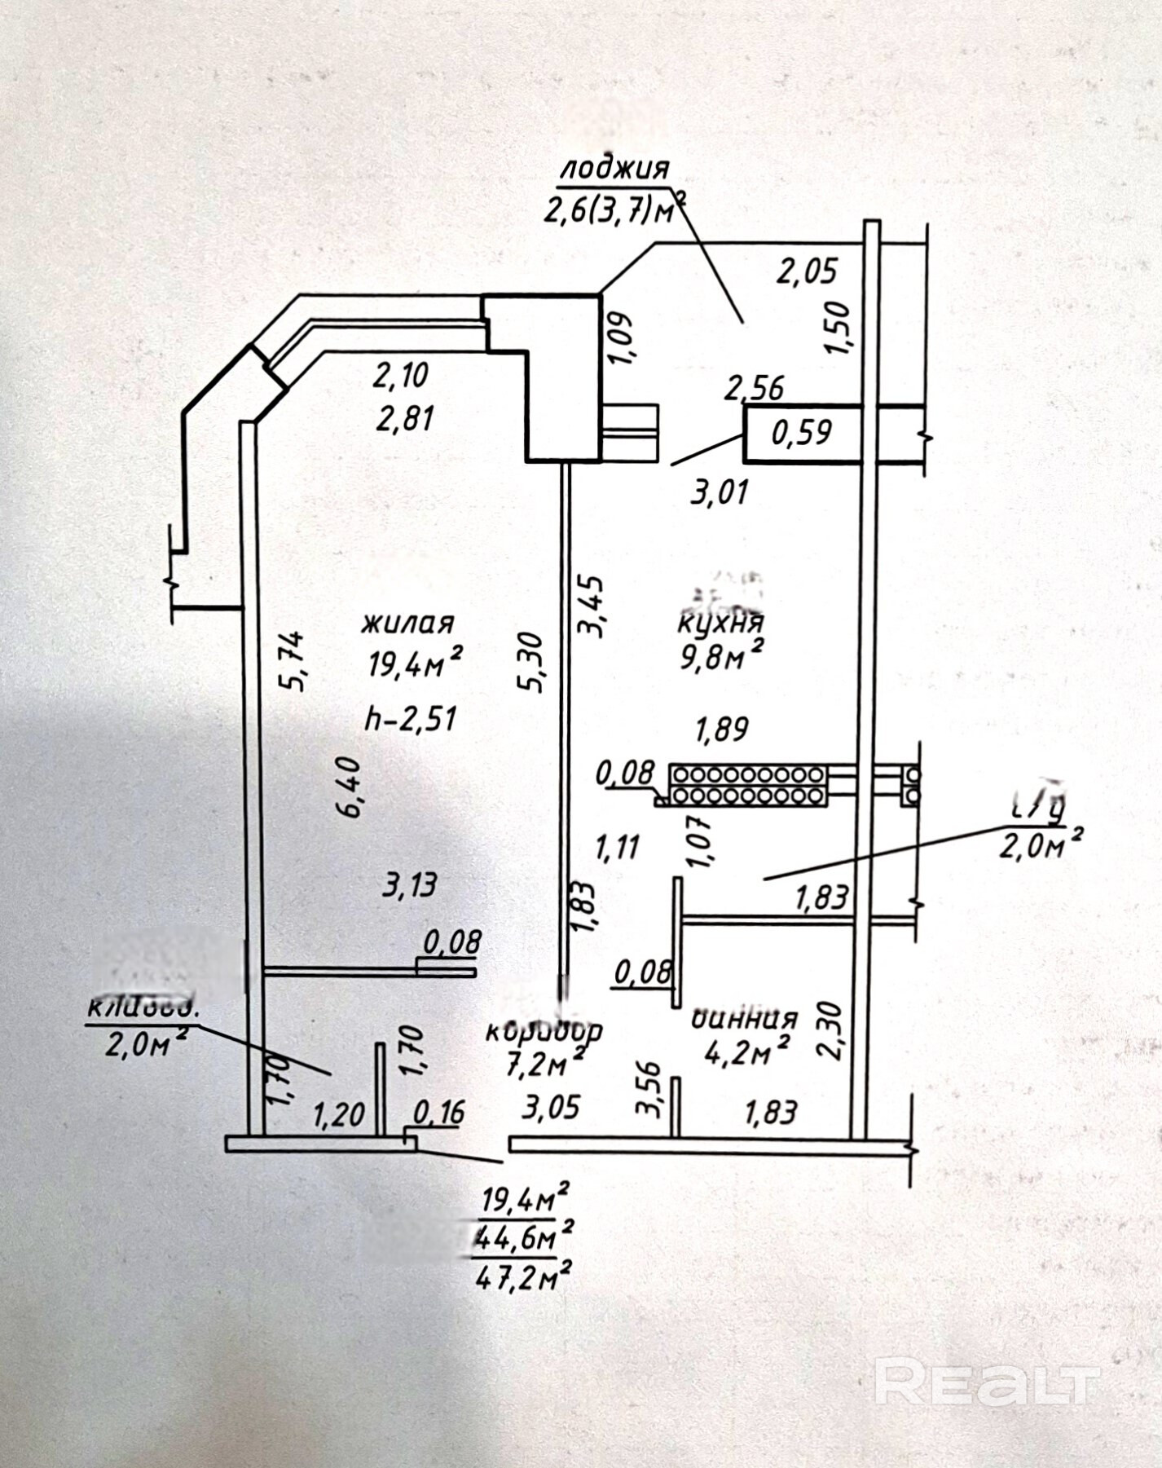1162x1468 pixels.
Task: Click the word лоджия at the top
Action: (x=614, y=168)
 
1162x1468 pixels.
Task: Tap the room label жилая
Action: (x=407, y=624)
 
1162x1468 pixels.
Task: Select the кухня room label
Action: (x=720, y=624)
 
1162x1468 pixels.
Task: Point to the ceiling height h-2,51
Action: (x=411, y=719)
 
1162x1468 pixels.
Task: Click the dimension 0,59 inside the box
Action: (x=802, y=432)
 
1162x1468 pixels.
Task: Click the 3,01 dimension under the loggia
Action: (x=719, y=493)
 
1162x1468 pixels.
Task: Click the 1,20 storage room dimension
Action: (x=338, y=1113)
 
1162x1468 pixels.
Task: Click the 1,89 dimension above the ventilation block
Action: (x=720, y=729)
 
